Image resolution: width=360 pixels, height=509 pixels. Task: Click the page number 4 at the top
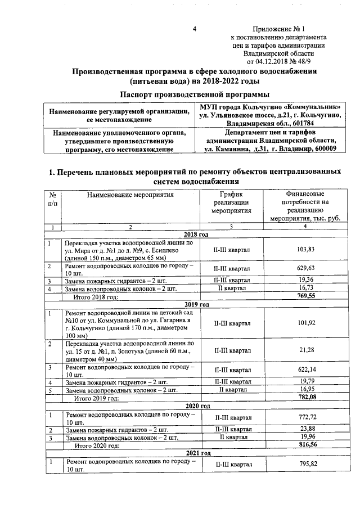(x=193, y=29)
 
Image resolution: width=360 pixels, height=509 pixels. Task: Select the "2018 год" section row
(x=196, y=234)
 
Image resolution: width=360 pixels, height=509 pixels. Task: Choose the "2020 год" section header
(x=196, y=406)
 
